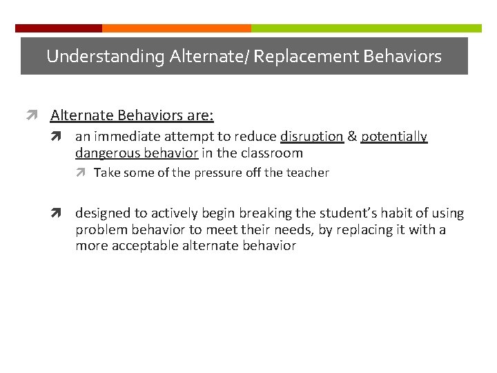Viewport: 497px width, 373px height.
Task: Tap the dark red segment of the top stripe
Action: pyautogui.click(x=59, y=28)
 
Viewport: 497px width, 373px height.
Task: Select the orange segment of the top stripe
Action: pyautogui.click(x=176, y=28)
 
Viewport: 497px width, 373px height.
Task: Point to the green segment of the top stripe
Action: pyautogui.click(x=366, y=28)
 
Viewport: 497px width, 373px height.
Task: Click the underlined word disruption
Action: pyautogui.click(x=311, y=137)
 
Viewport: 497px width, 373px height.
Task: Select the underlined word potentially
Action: pyautogui.click(x=394, y=137)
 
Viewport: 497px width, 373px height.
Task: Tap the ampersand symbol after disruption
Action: pyautogui.click(x=352, y=137)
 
